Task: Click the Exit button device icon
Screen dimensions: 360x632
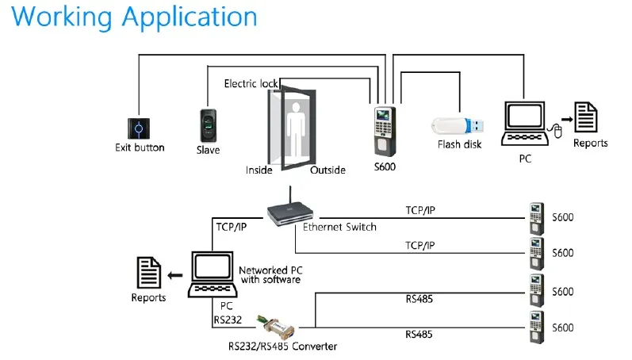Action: (139, 128)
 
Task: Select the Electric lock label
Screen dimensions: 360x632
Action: (251, 83)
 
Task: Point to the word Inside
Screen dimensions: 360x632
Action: (259, 170)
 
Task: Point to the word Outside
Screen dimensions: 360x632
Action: (327, 170)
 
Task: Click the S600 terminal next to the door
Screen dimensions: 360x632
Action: (384, 131)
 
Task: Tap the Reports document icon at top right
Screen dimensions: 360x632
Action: (585, 119)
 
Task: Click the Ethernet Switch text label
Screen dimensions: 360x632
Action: (339, 227)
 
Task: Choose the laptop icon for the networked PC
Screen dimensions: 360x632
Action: (212, 274)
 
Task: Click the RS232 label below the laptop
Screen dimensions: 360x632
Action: (227, 320)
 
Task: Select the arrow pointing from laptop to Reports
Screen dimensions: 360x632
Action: (175, 274)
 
